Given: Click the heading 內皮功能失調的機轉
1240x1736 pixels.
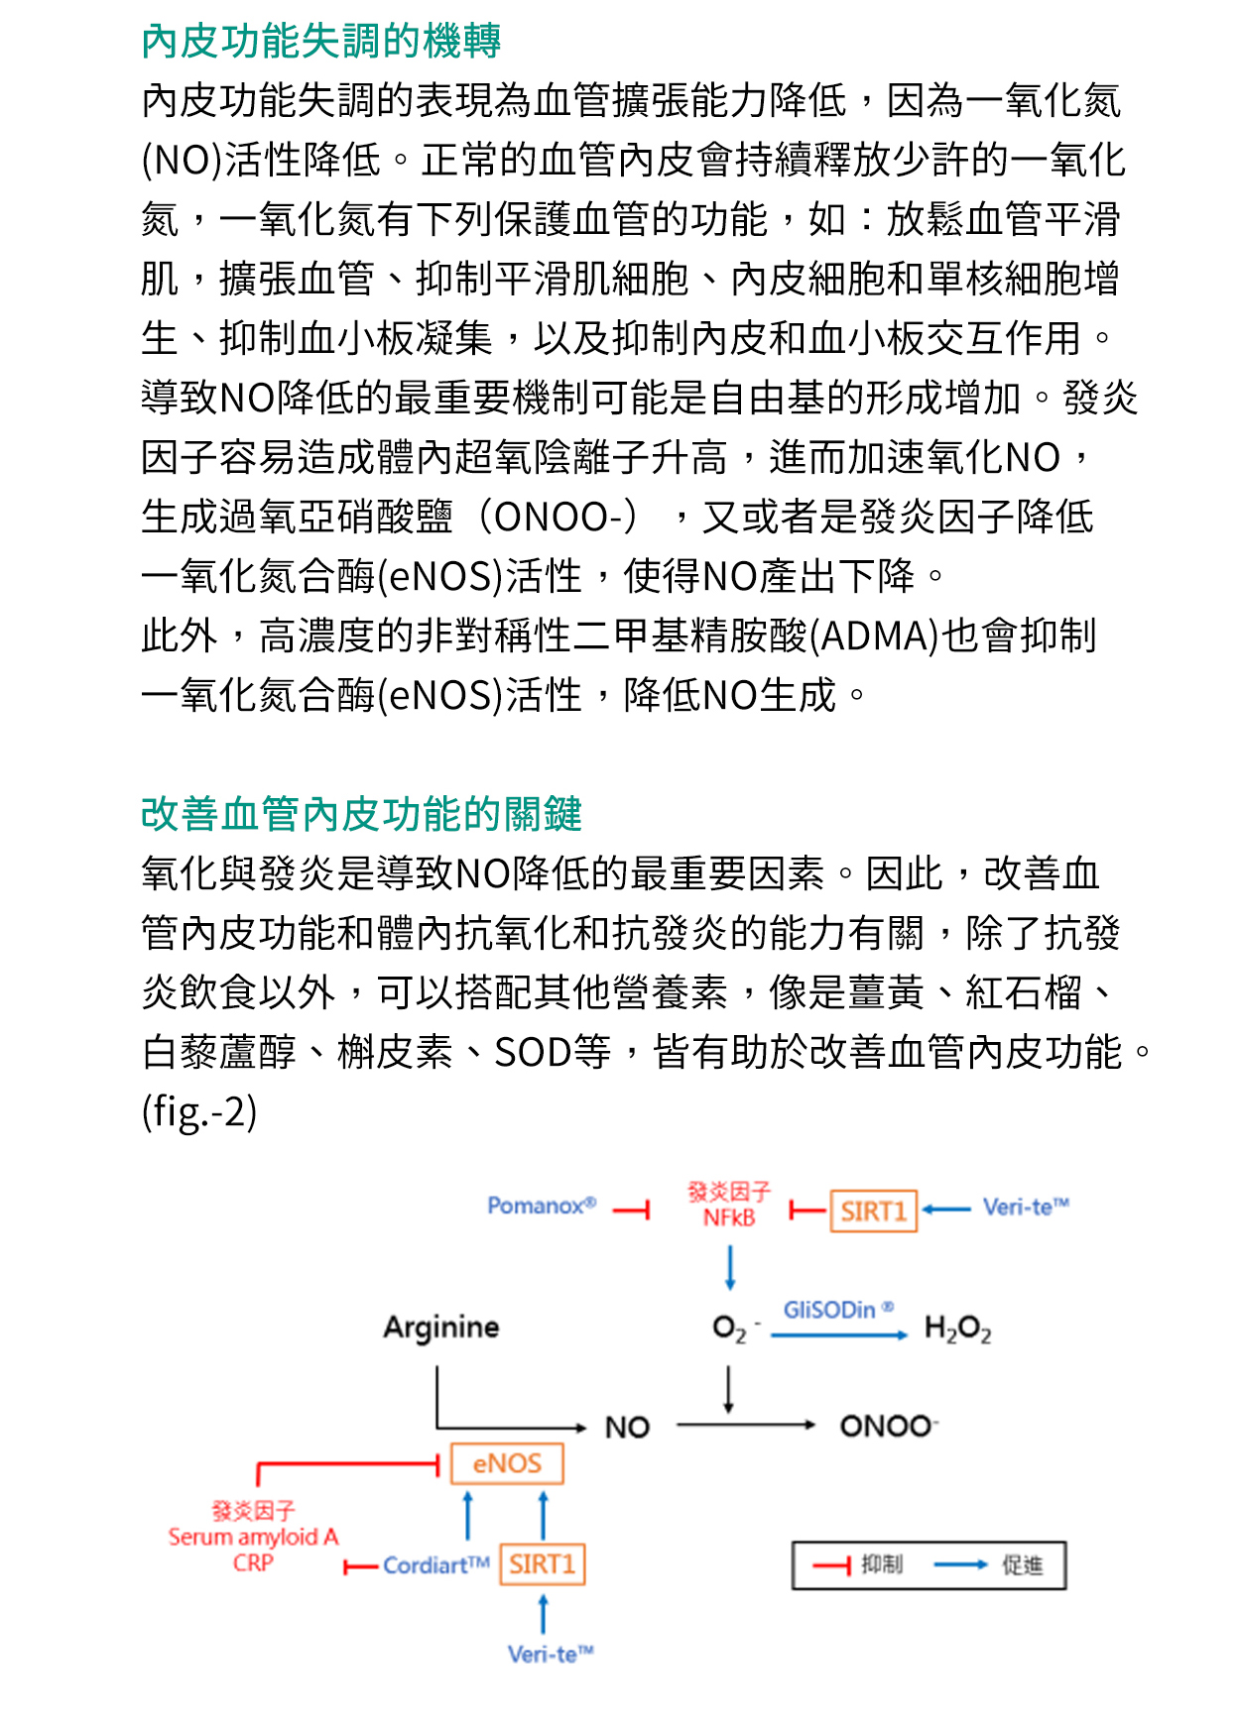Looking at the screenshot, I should point(320,42).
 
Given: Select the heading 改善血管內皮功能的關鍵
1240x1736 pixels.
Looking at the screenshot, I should point(361,814).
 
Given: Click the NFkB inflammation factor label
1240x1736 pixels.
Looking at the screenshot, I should point(729,1217).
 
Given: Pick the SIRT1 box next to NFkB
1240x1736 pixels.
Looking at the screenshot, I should point(873,1211).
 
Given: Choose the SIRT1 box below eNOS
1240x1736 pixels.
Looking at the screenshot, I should point(542,1564).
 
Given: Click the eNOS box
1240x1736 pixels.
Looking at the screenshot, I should point(507,1463).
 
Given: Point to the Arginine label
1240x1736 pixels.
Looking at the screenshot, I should point(441,1327).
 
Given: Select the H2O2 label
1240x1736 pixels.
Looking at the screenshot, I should point(957,1329).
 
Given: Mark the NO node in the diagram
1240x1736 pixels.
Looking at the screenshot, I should point(627,1427).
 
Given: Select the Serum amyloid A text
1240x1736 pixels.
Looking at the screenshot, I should point(253,1537).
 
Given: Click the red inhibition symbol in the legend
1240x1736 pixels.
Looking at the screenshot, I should point(831,1565).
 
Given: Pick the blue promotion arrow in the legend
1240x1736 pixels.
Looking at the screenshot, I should point(960,1565).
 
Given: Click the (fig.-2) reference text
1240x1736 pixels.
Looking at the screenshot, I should point(199,1111).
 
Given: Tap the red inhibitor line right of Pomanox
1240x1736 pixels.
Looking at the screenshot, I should point(631,1210).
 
